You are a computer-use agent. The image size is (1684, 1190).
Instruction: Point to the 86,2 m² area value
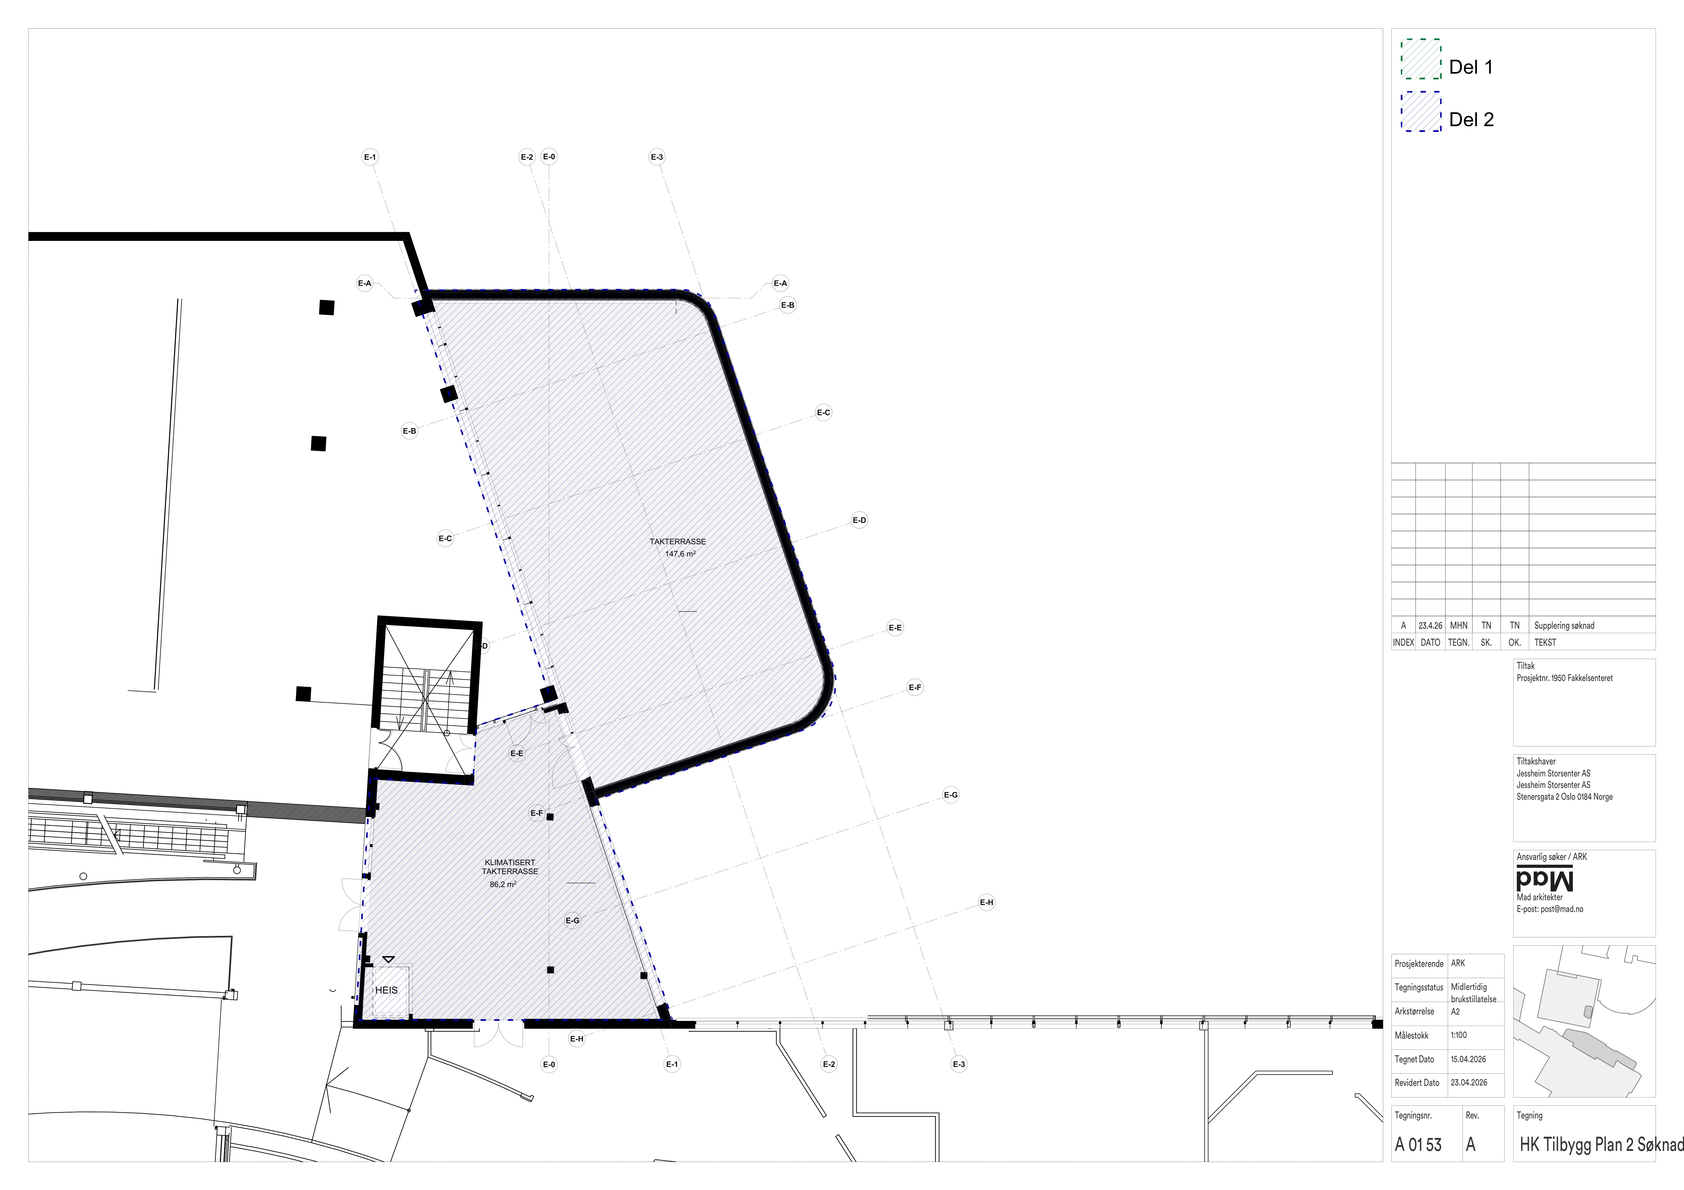[x=503, y=884]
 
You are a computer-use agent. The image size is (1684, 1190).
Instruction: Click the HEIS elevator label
[x=386, y=990]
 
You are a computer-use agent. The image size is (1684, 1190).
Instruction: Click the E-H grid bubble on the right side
[x=986, y=903]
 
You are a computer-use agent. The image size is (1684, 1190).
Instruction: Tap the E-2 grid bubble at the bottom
[x=829, y=1064]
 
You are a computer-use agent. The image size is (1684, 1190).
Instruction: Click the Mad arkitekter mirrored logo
[x=1545, y=880]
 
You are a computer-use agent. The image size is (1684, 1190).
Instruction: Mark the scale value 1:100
[x=1459, y=1035]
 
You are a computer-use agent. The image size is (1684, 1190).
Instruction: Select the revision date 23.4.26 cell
[x=1430, y=625]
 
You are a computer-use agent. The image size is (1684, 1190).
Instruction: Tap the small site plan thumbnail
[x=1584, y=1021]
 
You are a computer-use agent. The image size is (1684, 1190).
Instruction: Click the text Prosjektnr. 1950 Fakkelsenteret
[x=1564, y=678]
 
